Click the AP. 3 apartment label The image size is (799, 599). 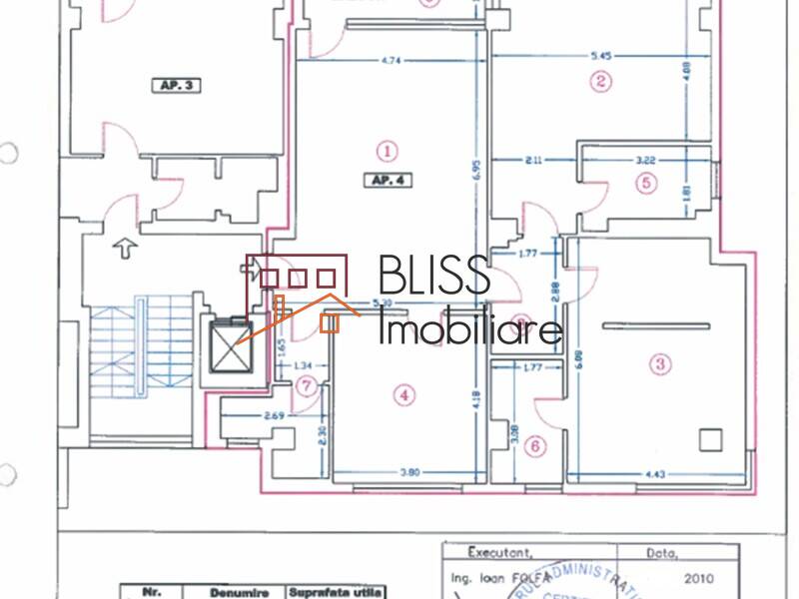[x=175, y=86]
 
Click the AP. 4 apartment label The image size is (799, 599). [x=387, y=181]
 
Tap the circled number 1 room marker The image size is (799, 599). [x=387, y=151]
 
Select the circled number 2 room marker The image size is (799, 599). [x=600, y=82]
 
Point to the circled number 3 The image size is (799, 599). [x=659, y=364]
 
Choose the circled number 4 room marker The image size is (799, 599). [x=403, y=395]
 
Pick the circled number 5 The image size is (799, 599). [x=646, y=183]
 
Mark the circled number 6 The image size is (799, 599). [x=535, y=446]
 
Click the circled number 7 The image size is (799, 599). [x=308, y=384]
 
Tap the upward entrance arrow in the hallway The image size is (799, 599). [x=125, y=248]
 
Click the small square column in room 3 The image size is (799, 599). [x=710, y=438]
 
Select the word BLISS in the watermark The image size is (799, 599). [x=433, y=277]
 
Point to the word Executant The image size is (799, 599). [x=500, y=551]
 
